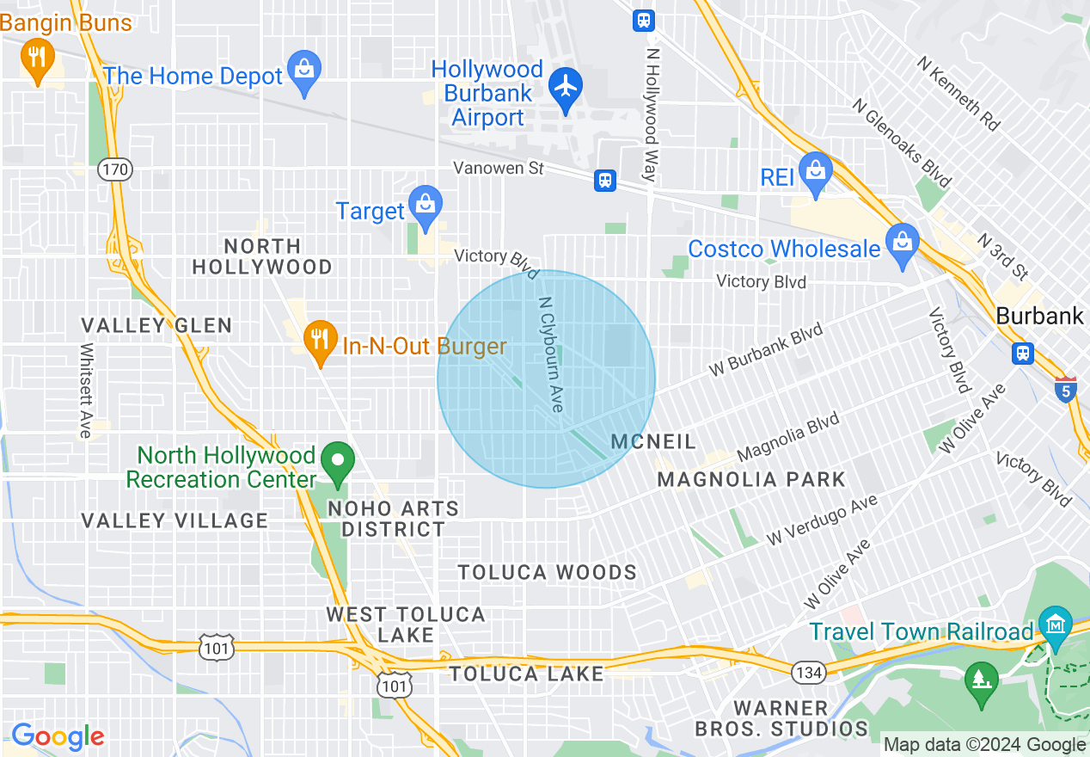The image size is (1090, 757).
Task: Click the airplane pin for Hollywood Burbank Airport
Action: pos(565,87)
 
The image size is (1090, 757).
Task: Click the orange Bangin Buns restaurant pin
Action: pos(36,58)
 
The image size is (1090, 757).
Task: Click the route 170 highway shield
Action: pos(114,169)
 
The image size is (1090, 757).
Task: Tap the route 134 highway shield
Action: pos(809,672)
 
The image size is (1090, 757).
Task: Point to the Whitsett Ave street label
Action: pos(86,391)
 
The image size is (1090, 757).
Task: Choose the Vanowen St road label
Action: pos(499,168)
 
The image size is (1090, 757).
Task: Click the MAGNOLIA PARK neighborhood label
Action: pos(751,479)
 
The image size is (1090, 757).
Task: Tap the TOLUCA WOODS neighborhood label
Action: pos(547,573)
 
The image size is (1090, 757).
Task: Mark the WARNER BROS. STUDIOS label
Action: pos(781,718)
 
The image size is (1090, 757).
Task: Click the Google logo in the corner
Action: pos(58,736)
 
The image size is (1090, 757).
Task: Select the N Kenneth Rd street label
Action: pos(958,94)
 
